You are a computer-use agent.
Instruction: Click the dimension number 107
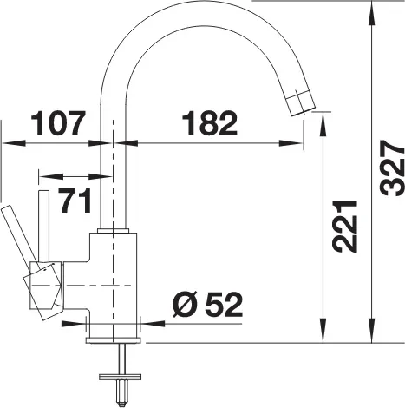(58, 123)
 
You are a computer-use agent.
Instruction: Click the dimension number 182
(209, 123)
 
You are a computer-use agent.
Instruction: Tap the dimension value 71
(75, 201)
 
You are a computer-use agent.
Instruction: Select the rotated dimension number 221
(345, 227)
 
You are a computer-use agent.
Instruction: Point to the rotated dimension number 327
(392, 168)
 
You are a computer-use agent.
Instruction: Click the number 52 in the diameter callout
(224, 304)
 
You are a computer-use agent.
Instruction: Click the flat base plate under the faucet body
(114, 340)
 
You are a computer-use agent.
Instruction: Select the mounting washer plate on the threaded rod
(120, 377)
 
